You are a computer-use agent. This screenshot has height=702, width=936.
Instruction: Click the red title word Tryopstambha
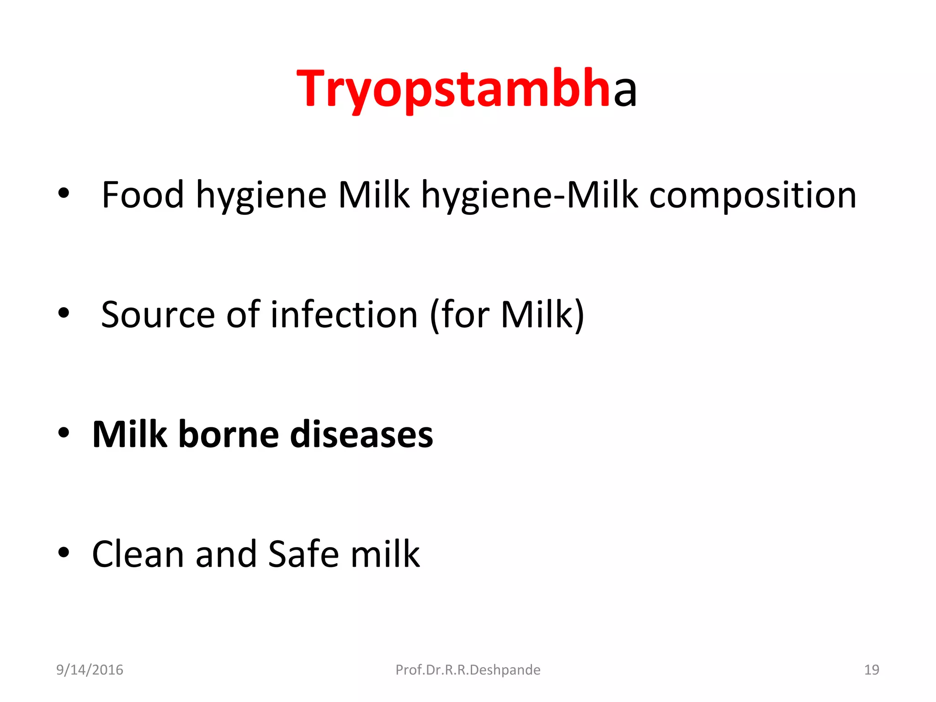click(452, 89)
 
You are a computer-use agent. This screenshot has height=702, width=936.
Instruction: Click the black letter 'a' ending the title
click(625, 91)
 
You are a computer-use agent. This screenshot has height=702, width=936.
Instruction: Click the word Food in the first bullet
click(142, 195)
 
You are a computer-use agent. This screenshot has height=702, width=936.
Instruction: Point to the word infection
click(344, 315)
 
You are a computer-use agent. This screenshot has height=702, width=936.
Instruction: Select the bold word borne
click(228, 434)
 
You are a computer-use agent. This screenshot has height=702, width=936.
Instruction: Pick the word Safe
click(303, 554)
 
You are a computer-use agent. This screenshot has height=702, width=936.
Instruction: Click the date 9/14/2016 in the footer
click(90, 670)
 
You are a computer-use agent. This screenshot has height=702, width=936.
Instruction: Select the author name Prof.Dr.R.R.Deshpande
click(468, 670)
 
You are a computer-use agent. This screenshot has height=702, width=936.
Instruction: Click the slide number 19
click(871, 670)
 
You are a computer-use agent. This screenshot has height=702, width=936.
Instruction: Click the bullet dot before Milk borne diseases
click(64, 432)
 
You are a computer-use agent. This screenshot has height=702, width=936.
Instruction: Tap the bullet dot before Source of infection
click(64, 313)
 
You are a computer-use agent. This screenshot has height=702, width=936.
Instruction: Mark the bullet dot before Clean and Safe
click(64, 552)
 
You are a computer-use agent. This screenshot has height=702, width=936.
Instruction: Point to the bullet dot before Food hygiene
click(64, 193)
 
